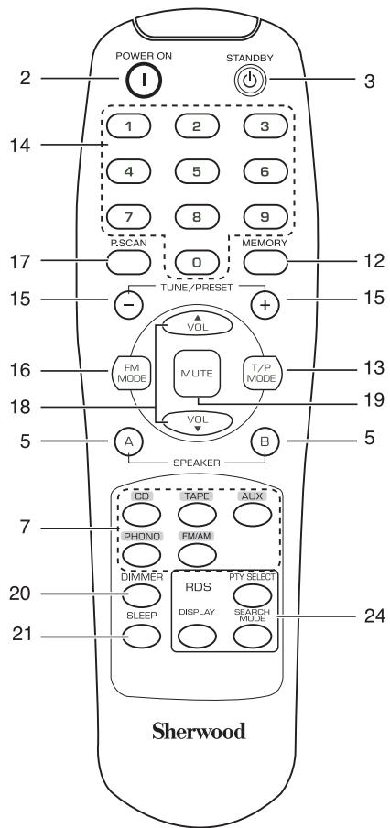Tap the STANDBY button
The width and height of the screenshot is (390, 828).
pos(250,81)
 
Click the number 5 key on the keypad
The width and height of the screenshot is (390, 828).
pos(197,171)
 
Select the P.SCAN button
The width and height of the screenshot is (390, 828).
pos(128,261)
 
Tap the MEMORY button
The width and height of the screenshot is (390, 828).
pos(266,261)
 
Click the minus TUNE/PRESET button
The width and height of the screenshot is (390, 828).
pos(129,304)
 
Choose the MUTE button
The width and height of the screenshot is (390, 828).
pos(197,373)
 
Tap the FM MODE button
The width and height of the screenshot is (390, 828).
pos(130,373)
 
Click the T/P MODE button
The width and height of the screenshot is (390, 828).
pos(263,373)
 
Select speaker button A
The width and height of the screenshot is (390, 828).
pos(129,442)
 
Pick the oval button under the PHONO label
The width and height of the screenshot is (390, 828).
pos(141,554)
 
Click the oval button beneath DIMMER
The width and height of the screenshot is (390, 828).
pos(141,595)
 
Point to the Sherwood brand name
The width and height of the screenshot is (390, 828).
pos(199,731)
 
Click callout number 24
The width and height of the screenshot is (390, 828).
pos(374,616)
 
